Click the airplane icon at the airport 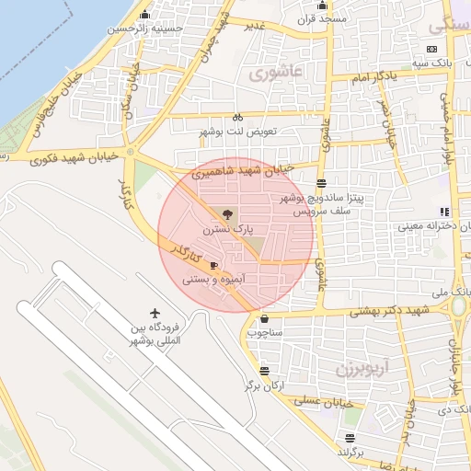click(x=155, y=314)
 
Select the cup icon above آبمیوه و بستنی click(x=213, y=265)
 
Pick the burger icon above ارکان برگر click(x=264, y=371)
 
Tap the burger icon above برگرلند click(x=349, y=438)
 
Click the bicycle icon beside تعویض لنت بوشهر click(x=237, y=118)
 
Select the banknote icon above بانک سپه click(x=432, y=50)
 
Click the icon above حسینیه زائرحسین click(x=145, y=16)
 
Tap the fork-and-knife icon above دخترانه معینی click(x=444, y=212)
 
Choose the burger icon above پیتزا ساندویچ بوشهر click(x=319, y=183)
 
